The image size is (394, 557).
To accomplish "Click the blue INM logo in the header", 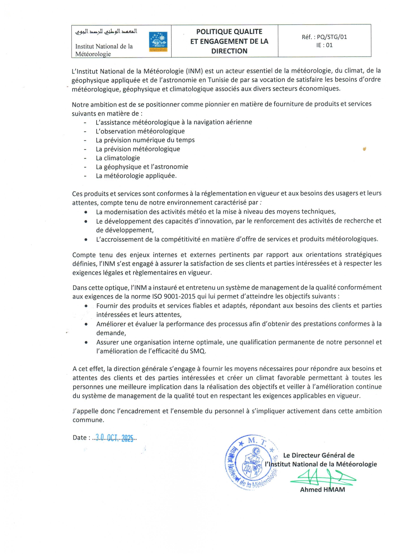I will [x=158, y=42].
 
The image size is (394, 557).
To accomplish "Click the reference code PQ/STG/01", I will [x=332, y=37].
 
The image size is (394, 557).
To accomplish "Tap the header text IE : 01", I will [x=324, y=45].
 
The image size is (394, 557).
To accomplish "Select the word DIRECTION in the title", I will [x=229, y=51].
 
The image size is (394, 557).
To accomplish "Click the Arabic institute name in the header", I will [x=106, y=31].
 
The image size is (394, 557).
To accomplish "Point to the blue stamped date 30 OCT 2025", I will [x=115, y=438].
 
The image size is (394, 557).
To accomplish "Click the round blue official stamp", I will [x=251, y=462].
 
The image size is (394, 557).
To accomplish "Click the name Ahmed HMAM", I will [x=322, y=490].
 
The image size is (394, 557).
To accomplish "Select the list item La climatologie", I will [x=118, y=158].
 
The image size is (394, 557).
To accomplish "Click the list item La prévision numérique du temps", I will [x=145, y=140].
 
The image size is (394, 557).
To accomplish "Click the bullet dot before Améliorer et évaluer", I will [x=86, y=324].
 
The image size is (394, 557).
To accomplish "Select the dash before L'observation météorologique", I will [x=85, y=131].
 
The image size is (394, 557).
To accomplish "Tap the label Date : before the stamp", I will [x=81, y=438].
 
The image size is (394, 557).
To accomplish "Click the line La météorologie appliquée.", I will [x=136, y=176].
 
